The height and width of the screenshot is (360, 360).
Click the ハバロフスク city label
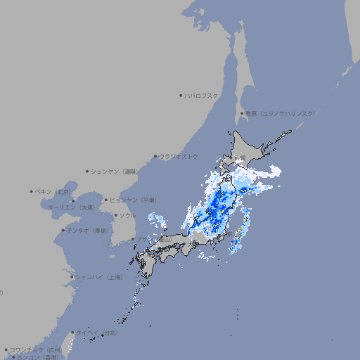[x=202, y=95]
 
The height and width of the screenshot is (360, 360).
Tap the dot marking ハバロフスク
[x=181, y=95]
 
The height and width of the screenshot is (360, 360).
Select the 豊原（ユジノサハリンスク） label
[x=281, y=113]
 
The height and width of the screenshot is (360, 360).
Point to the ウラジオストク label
[x=179, y=156]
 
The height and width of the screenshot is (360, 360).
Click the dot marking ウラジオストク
[x=155, y=157]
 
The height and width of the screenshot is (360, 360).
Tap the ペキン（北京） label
[x=53, y=191]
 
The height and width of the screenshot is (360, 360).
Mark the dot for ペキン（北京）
[x=32, y=191]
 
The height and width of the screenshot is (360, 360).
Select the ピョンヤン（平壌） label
[x=133, y=200]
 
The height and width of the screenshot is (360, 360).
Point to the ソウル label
[x=127, y=215]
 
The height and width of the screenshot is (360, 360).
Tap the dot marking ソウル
[x=115, y=215]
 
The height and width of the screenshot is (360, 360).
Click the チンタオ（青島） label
[x=86, y=231]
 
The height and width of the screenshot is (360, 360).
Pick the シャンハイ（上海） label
[x=98, y=277]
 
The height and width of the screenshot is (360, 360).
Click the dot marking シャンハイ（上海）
[x=72, y=277]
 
